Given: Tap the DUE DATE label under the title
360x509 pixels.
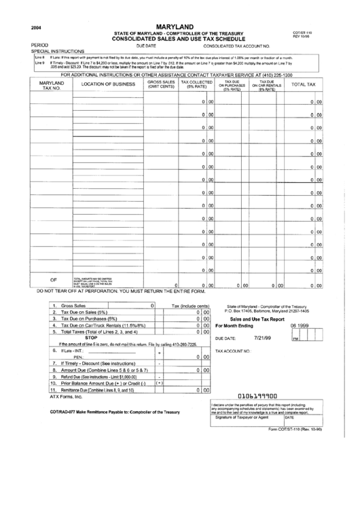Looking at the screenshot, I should (146, 45).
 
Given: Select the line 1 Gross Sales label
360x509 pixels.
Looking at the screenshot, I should (74, 306).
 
